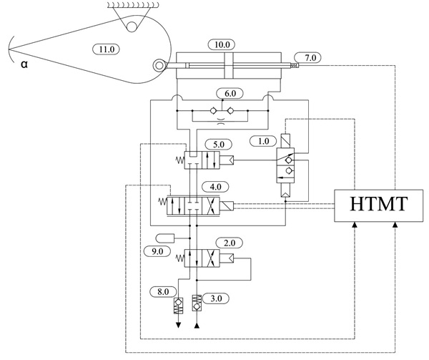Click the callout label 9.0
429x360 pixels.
[x=157, y=250]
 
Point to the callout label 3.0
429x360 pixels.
[x=212, y=297]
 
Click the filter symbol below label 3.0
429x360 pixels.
[x=197, y=301]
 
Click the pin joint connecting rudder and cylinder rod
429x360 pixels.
[x=155, y=66]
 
